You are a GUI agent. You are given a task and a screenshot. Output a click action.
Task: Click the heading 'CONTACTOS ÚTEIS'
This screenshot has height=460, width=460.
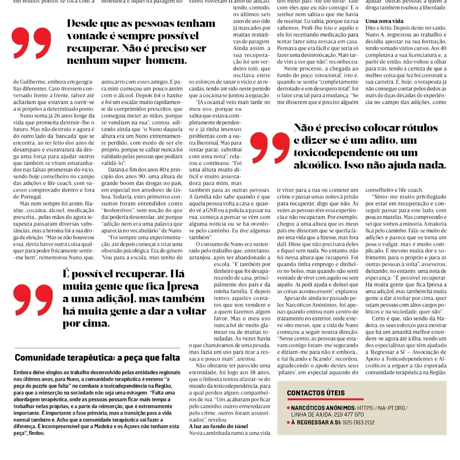(x=316, y=393)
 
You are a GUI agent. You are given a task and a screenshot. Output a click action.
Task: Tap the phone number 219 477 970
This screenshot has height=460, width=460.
(x=348, y=414)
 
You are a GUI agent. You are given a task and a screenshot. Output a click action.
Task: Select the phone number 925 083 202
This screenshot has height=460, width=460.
(x=359, y=422)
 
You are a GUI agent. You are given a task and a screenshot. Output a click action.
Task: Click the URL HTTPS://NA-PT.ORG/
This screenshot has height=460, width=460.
(x=382, y=408)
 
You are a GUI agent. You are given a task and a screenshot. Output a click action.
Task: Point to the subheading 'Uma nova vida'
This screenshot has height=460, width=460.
(x=384, y=21)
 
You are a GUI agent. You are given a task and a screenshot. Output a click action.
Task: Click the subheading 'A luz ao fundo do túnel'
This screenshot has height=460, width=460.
(x=218, y=426)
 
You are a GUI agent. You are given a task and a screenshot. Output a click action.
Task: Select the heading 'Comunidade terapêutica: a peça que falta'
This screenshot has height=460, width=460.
(x=97, y=358)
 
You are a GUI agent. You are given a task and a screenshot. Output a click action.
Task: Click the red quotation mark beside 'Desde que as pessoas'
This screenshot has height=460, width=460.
(x=31, y=43)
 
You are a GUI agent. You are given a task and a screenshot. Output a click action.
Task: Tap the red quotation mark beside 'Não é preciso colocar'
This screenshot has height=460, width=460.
(x=270, y=147)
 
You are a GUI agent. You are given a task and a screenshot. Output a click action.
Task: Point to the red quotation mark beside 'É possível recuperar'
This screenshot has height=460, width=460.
(x=33, y=300)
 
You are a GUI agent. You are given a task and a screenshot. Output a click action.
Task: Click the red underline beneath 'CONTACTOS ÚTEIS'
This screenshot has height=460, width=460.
(x=325, y=399)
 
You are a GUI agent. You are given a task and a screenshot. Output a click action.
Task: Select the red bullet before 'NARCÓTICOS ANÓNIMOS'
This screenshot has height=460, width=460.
(x=288, y=408)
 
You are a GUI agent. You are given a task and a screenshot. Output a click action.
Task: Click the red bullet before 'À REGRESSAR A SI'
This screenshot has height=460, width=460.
(x=288, y=423)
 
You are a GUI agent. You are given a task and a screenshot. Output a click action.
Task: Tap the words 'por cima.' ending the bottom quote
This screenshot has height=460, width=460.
(x=86, y=324)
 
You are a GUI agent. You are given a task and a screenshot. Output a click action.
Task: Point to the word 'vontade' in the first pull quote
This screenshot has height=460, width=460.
(x=86, y=36)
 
